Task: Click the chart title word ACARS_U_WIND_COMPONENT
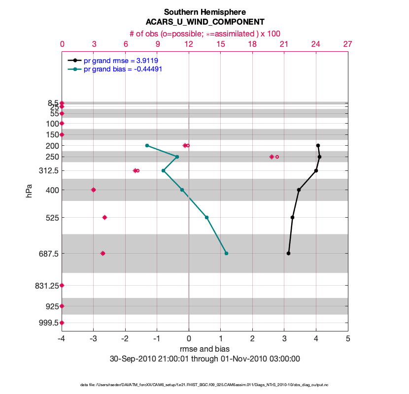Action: click(x=204, y=22)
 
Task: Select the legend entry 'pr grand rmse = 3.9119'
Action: click(x=121, y=60)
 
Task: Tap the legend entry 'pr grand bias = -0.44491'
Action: click(x=123, y=69)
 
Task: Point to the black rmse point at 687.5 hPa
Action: click(x=288, y=253)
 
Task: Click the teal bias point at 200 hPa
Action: click(x=147, y=145)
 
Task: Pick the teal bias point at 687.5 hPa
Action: click(x=226, y=253)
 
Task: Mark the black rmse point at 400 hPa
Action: click(x=299, y=190)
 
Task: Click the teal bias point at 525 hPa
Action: click(x=206, y=217)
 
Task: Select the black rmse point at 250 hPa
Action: click(x=319, y=157)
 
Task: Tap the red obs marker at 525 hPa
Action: click(x=104, y=217)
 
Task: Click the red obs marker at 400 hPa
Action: click(x=93, y=190)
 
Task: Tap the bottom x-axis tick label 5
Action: click(x=348, y=339)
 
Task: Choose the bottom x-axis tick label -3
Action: click(x=93, y=339)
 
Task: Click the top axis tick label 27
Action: click(x=348, y=44)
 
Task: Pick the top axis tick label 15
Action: click(x=221, y=44)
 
